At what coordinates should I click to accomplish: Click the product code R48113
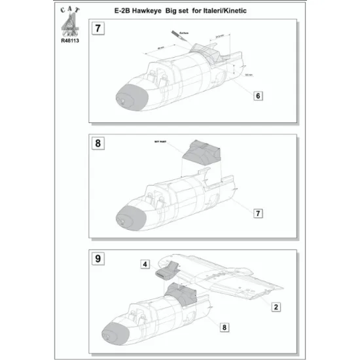point(69,39)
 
